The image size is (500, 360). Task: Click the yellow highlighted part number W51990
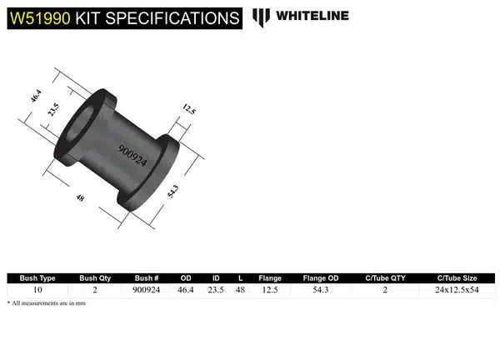coord(39,17)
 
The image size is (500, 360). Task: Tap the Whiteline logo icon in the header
coord(262,17)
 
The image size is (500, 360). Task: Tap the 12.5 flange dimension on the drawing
coord(190,110)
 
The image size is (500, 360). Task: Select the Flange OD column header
coord(319,278)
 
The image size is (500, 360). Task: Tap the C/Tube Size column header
coord(457,278)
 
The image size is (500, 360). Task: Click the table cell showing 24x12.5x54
coord(457,290)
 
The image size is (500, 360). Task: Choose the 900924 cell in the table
coord(148,290)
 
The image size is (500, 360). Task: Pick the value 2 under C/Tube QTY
coord(385,290)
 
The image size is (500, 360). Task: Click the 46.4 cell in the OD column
coord(187,290)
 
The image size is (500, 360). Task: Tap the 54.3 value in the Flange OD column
coord(319,290)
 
